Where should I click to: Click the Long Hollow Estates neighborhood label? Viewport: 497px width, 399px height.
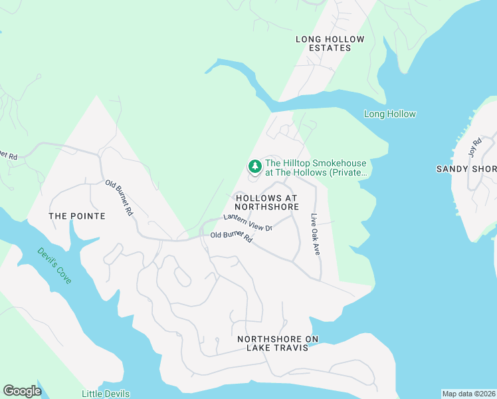(x=330, y=43)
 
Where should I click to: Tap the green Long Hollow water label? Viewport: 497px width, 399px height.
(x=390, y=114)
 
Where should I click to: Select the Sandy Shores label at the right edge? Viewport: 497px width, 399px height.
(x=466, y=168)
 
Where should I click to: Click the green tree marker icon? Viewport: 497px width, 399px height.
(x=253, y=166)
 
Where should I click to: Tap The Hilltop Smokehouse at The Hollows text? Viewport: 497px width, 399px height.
(x=316, y=168)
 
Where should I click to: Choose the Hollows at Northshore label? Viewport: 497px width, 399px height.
(x=266, y=202)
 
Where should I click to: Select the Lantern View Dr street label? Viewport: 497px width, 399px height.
(x=248, y=223)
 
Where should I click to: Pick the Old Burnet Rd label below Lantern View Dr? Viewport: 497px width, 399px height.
(x=231, y=236)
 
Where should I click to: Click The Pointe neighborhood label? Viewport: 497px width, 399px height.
(x=77, y=216)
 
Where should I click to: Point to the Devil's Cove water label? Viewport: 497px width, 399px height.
(x=54, y=265)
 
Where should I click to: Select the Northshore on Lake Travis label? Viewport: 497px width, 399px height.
(x=278, y=343)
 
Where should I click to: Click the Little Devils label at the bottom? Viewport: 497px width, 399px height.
(x=105, y=394)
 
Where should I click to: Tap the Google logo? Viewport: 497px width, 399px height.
(x=22, y=391)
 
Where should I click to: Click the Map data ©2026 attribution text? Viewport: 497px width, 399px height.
(x=468, y=394)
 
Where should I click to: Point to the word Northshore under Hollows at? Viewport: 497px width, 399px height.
(x=266, y=207)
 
